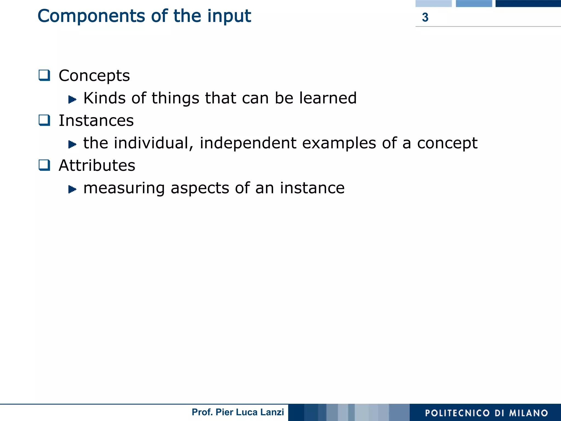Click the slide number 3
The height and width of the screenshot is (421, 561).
[425, 17]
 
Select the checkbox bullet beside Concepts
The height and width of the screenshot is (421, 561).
[44, 75]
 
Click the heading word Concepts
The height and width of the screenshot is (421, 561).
[94, 76]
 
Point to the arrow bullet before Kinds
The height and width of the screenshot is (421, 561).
[72, 99]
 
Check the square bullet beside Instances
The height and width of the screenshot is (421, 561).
[44, 120]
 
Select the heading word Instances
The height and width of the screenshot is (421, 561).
[96, 121]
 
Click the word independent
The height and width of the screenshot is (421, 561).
[248, 143]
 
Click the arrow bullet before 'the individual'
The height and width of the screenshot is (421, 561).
[72, 144]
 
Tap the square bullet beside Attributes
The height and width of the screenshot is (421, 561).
[44, 165]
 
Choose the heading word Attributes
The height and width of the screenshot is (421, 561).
[97, 166]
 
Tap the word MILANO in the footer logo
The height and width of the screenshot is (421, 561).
[528, 413]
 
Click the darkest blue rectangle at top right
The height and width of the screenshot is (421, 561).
[528, 3]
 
